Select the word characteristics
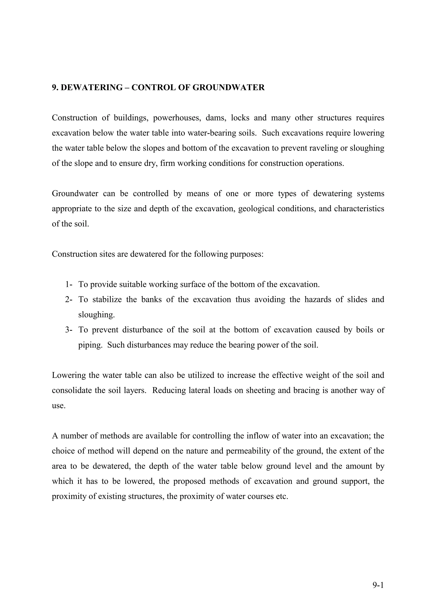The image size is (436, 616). [x=359, y=209]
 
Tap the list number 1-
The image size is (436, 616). [x=69, y=284]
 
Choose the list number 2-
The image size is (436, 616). [x=69, y=299]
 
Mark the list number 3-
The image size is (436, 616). [x=69, y=330]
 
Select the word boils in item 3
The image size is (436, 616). [x=364, y=330]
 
